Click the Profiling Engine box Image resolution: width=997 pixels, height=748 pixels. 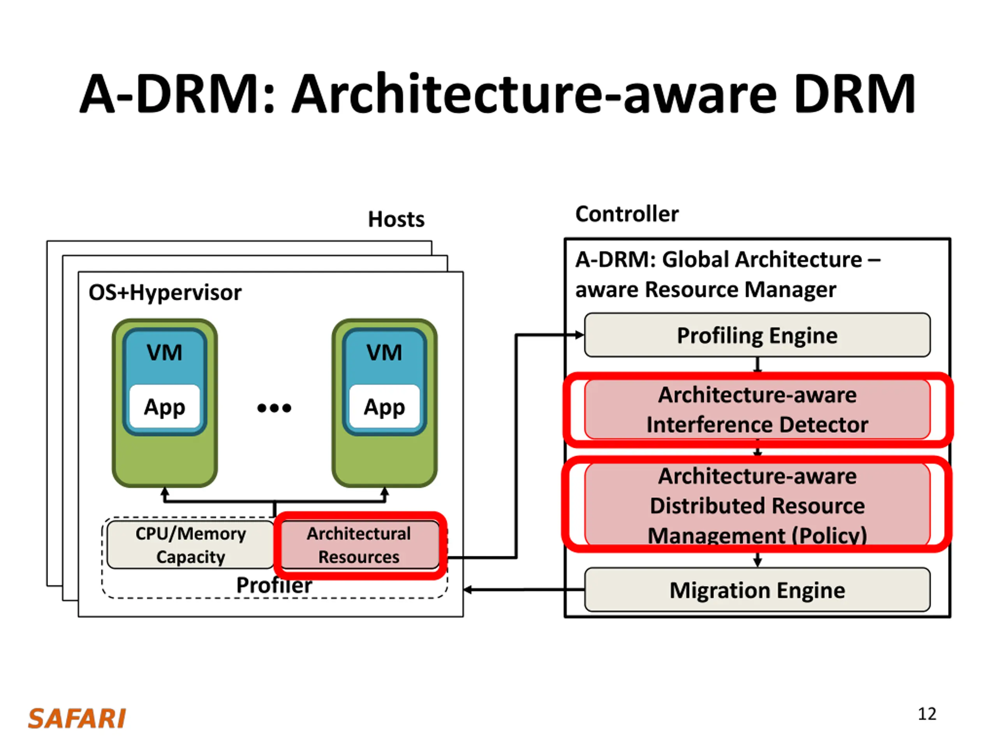coord(757,335)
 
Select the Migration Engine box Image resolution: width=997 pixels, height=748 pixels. coord(757,589)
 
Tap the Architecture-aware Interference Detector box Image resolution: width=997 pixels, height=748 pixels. coord(757,409)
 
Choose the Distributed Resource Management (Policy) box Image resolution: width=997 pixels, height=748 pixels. coord(757,504)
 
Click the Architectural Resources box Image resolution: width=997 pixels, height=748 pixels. coord(359,545)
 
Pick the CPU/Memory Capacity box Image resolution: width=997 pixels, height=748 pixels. coord(191,545)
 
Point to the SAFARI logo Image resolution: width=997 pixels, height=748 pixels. coord(77,718)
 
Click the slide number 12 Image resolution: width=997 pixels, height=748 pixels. coord(927,714)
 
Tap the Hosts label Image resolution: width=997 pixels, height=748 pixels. coord(396,219)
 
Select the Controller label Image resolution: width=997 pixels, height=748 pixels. coord(627,214)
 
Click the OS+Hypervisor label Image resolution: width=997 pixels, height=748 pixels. coord(165,293)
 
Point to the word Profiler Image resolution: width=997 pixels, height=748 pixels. coord(274,585)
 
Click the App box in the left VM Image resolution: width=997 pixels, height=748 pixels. coord(164,406)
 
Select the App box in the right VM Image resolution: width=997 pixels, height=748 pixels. coord(384,406)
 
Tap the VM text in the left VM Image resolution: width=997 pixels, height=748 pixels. coord(164,352)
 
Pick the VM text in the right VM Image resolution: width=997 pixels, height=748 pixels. coord(384,352)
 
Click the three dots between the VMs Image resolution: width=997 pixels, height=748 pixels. coord(274,408)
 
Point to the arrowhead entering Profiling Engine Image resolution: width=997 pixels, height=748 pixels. coord(580,335)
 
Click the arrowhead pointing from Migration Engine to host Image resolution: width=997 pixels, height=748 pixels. coord(468,590)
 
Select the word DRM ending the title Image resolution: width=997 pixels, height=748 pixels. coord(854,94)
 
